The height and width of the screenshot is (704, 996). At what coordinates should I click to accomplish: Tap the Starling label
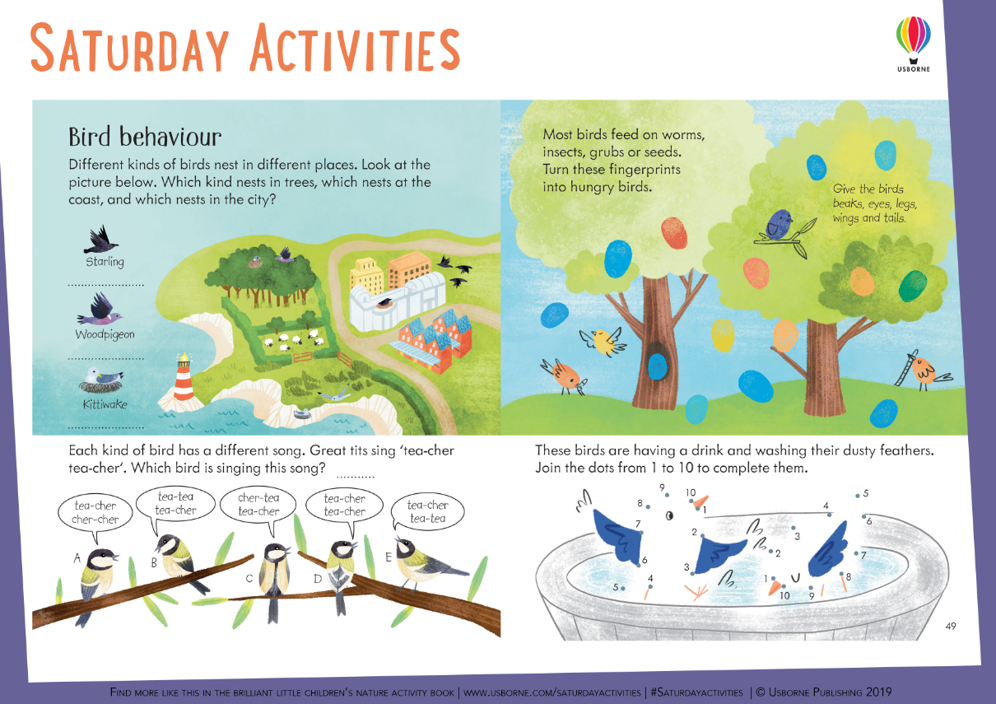click(x=105, y=262)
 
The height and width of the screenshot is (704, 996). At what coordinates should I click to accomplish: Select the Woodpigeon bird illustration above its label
click(x=100, y=310)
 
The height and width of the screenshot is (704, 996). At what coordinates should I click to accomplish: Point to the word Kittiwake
click(x=105, y=404)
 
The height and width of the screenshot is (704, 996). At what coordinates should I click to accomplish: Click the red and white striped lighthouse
click(x=184, y=378)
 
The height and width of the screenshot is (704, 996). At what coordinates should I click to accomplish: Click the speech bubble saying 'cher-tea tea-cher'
click(x=258, y=504)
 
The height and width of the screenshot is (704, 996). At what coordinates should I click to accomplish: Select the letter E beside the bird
click(x=388, y=557)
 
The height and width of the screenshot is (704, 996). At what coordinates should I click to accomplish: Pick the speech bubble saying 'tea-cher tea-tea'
click(x=427, y=511)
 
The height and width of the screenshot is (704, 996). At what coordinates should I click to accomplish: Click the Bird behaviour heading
click(x=145, y=136)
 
